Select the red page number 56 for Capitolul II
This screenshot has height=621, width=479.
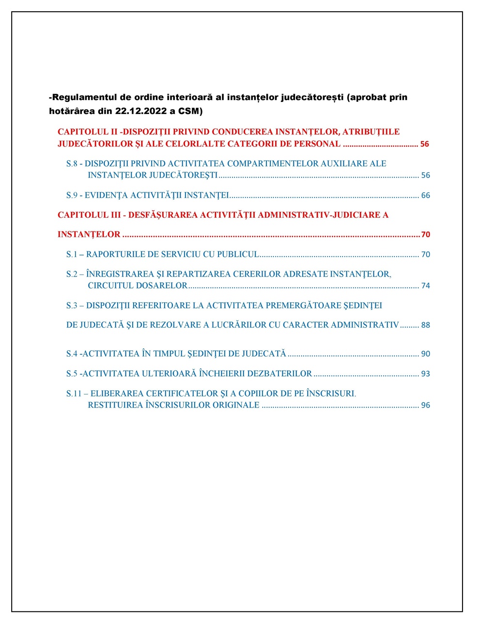point(424,144)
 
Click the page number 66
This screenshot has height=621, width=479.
point(425,196)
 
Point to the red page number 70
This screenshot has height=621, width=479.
point(425,234)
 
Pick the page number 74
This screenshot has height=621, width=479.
point(425,286)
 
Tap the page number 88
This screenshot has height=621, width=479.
point(425,325)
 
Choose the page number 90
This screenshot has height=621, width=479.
point(425,354)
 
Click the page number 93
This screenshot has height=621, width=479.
point(425,374)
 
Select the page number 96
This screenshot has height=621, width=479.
point(425,405)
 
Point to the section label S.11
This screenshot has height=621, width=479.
point(74,393)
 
